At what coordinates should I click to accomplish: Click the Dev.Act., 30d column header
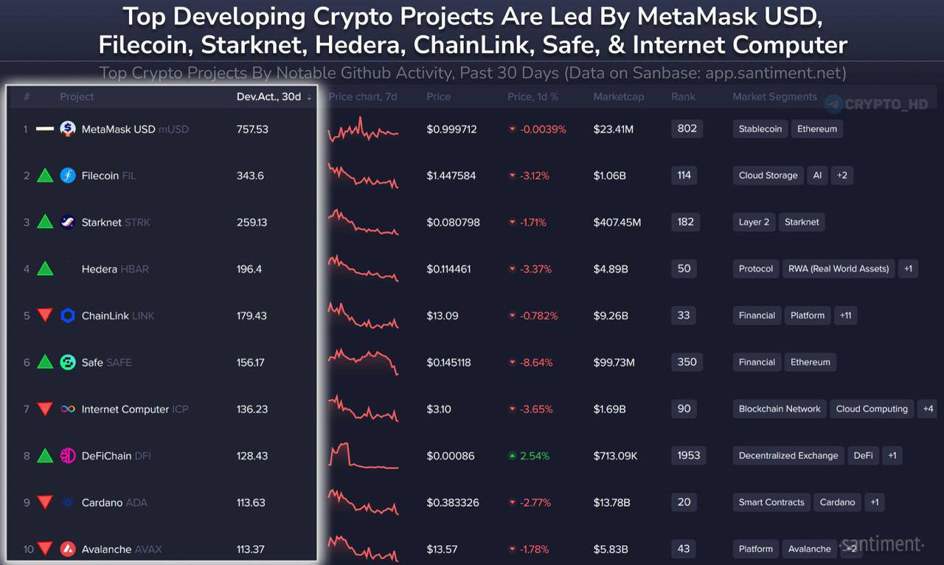268,97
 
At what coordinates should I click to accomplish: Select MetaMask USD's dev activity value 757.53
252,129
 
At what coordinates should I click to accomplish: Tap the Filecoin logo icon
68,176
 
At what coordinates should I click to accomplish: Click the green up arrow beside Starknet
46,222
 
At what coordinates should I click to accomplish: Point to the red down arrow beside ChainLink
46,316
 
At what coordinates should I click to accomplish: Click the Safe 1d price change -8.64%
536,362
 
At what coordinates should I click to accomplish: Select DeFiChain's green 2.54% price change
535,456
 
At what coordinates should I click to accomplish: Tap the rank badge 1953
688,455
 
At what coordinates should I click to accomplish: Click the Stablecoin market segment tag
760,129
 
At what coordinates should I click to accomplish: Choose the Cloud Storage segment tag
768,176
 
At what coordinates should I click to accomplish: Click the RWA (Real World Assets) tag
839,268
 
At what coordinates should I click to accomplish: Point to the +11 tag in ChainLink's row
845,316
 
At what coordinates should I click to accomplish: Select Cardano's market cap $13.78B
611,502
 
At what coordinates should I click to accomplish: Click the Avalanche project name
106,549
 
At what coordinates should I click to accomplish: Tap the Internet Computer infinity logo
68,409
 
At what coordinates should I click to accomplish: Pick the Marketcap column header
618,97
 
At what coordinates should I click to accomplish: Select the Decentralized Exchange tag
788,456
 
